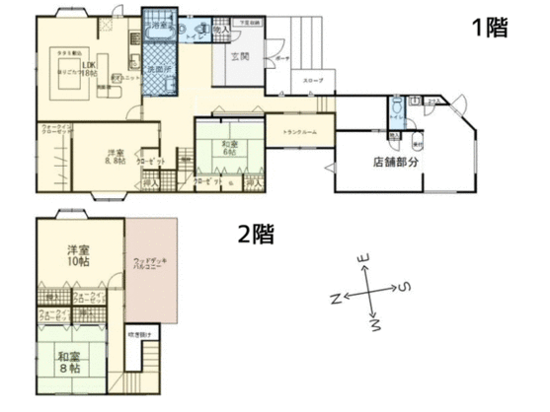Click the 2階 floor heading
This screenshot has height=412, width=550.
coord(256,234)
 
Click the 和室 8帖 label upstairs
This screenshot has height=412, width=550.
coord(68,362)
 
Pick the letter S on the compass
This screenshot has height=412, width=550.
coord(405,287)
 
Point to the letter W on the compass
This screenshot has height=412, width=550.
coord(375,323)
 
